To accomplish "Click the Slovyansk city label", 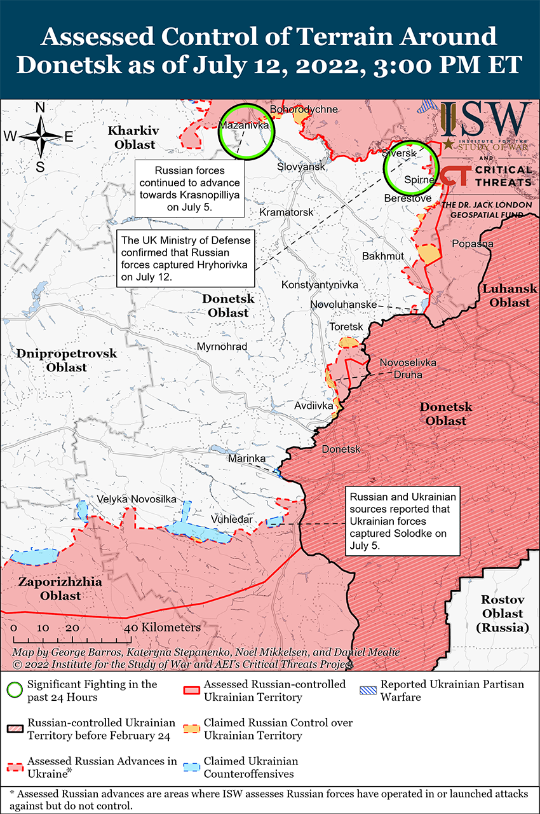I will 301,167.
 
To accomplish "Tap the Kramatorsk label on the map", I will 287,211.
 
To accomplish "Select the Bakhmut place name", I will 382,256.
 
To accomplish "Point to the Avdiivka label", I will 314,405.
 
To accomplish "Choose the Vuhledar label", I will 231,520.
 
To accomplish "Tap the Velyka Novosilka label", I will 136,500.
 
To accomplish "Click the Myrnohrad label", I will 222,347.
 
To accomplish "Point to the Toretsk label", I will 346,326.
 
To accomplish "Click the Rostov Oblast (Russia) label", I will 502,614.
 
